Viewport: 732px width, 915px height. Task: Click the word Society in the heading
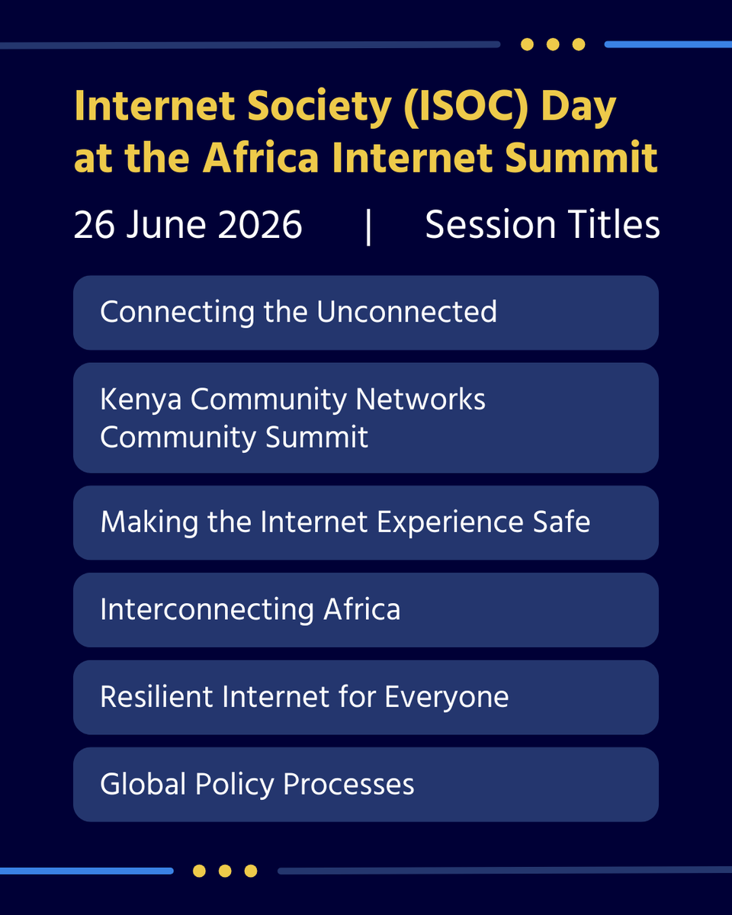click(x=319, y=108)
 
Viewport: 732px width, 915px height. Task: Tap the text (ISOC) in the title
click(x=466, y=108)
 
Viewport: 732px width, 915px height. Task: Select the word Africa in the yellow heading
click(x=261, y=158)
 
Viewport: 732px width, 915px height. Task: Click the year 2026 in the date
click(x=260, y=224)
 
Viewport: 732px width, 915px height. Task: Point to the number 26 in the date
click(x=94, y=224)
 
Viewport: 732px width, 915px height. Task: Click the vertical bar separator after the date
click(x=368, y=226)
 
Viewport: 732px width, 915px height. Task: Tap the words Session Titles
click(x=543, y=224)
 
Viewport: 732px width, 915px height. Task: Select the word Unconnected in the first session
click(x=406, y=312)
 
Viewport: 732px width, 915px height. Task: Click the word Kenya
click(x=141, y=400)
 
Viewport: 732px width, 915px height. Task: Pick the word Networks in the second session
click(x=420, y=400)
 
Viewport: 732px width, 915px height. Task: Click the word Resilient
click(x=156, y=696)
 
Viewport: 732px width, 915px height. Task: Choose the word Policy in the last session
click(x=235, y=785)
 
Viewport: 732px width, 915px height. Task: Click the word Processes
click(x=348, y=785)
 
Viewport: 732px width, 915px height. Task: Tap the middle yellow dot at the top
click(x=553, y=44)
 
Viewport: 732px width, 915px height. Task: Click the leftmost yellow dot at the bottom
click(x=199, y=870)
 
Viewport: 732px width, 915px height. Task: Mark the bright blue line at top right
click(x=668, y=45)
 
